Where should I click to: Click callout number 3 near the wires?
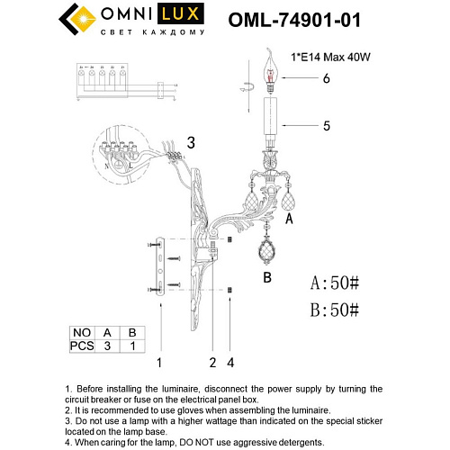pos(190,143)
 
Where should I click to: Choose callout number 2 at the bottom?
pos(212,362)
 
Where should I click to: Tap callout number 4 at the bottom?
pos(230,362)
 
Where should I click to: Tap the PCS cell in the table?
pos(82,345)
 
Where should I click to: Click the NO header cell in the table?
pos(82,330)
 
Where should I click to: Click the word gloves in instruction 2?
pos(209,409)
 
